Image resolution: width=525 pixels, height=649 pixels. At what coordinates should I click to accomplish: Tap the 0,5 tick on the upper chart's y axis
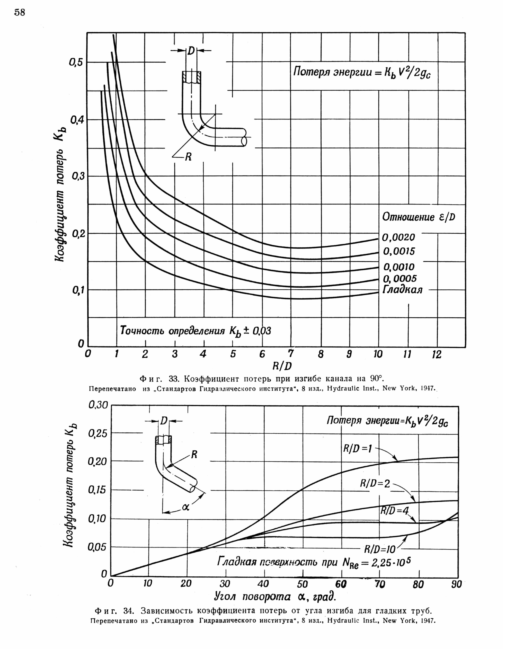point(76,62)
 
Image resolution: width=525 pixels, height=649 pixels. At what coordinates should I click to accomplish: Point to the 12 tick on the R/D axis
point(436,354)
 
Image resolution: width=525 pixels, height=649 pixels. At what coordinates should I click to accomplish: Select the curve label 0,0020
point(398,237)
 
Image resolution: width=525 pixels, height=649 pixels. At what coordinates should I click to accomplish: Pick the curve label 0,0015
point(399,251)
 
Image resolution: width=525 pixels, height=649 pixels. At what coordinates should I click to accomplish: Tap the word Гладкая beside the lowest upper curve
point(402,290)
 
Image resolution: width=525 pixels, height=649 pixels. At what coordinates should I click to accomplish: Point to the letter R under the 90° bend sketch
point(188,157)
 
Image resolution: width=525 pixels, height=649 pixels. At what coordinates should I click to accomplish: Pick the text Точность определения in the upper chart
point(172,331)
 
